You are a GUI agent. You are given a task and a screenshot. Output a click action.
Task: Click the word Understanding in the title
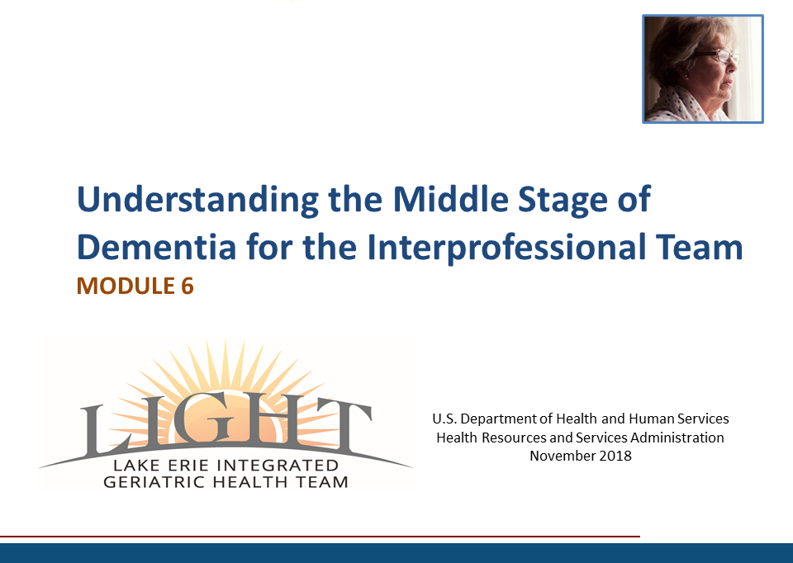(x=197, y=200)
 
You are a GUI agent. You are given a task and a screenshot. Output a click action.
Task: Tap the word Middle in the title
(x=451, y=199)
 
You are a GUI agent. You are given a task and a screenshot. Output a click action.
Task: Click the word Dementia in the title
(x=156, y=247)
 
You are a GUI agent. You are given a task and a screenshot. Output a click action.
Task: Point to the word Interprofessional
(x=506, y=248)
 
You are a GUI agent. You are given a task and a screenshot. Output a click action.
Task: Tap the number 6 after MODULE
(x=188, y=286)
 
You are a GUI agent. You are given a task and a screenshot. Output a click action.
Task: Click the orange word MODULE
(x=126, y=286)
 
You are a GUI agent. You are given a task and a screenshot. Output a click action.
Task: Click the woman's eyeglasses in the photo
(x=718, y=55)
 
